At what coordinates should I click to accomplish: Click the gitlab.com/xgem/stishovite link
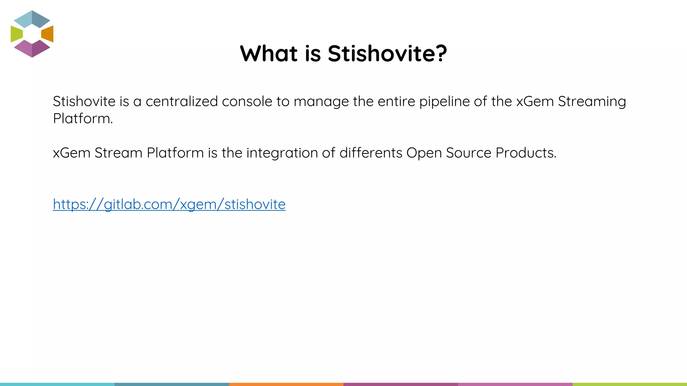(x=169, y=204)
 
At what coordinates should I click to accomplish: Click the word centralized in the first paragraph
(x=181, y=102)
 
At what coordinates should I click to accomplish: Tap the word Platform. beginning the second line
(x=83, y=119)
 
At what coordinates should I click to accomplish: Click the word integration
(x=282, y=153)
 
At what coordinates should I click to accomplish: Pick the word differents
(x=371, y=153)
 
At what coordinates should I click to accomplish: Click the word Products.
(x=526, y=153)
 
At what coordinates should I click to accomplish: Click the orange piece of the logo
(x=48, y=34)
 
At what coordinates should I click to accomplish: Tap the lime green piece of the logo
(x=16, y=34)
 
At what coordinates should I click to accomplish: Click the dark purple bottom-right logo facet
(x=41, y=49)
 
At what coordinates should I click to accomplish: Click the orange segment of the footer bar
(x=286, y=384)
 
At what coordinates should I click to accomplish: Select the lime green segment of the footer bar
(x=630, y=384)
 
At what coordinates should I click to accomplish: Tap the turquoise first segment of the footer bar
(x=57, y=384)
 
